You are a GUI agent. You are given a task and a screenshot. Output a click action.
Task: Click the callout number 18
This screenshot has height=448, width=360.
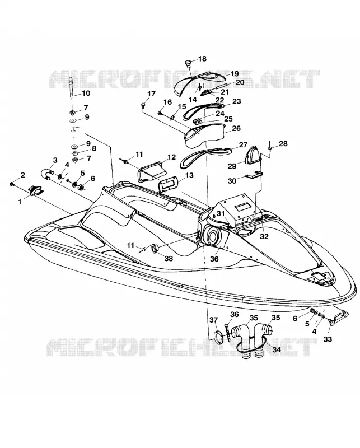click(202, 59)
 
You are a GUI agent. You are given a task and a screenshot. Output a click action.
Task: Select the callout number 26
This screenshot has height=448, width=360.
click(236, 128)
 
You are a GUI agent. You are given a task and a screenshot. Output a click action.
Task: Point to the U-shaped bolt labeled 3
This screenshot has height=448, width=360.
click(47, 174)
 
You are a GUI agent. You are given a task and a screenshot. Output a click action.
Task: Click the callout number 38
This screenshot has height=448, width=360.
click(169, 258)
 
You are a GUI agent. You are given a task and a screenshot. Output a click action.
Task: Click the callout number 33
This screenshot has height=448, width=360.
click(328, 339)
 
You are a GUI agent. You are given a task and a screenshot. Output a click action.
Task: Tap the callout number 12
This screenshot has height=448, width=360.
click(171, 157)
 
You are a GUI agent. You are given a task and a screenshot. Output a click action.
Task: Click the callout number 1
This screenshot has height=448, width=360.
click(20, 202)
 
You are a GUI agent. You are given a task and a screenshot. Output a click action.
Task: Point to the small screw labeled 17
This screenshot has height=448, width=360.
click(143, 105)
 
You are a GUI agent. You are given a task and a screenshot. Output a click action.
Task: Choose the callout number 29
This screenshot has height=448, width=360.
click(232, 166)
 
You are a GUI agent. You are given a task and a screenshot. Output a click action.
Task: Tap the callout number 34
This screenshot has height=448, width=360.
click(277, 349)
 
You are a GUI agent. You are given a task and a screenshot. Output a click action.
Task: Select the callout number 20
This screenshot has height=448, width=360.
click(240, 82)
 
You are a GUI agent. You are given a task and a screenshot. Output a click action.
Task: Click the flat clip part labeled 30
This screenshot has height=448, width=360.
click(254, 175)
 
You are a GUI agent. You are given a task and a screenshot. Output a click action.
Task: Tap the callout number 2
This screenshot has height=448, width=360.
click(22, 175)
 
